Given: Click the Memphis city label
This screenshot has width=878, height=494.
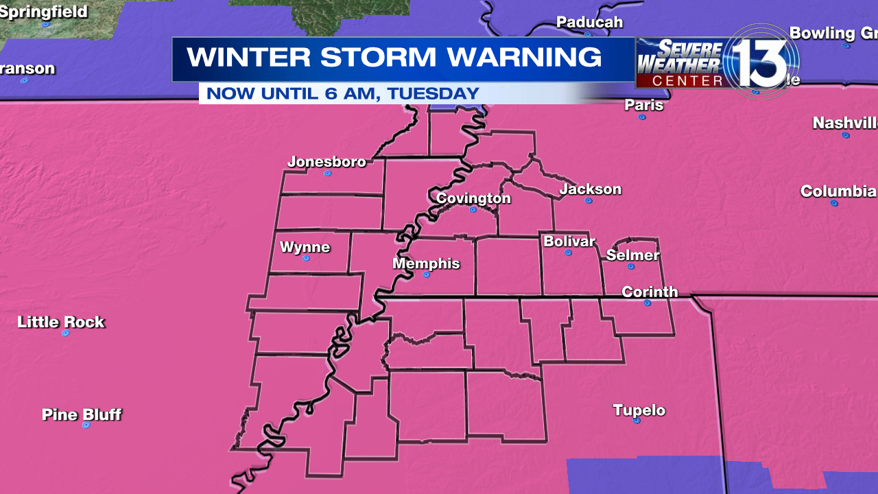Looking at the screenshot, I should pos(426,263).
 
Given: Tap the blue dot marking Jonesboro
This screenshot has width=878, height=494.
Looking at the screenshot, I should pos(328,174).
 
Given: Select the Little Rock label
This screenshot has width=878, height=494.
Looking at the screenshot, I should pos(61,322).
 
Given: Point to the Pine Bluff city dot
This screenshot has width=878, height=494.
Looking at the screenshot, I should pos(86,425).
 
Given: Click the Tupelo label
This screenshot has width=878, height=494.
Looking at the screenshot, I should pos(639,410).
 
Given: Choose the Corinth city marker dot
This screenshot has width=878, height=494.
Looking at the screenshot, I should pos(648,303).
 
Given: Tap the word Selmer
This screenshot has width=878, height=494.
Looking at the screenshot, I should pos(632,255).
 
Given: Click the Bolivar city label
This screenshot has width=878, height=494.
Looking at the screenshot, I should pos(569,242).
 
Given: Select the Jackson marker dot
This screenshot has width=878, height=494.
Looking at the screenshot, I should pos(589,200).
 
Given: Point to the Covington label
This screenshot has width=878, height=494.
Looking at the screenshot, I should pos(473,198).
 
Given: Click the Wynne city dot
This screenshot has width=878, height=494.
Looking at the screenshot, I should pos(306,259).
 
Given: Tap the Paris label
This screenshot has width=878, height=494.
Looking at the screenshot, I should pos(644,105).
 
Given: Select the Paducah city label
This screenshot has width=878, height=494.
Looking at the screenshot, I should pos(589,22).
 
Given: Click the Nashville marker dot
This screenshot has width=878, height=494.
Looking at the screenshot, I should pos(846,135).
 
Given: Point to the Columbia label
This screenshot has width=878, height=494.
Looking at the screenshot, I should pos(838,191).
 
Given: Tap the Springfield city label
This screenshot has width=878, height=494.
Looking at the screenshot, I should pos(44,12).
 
